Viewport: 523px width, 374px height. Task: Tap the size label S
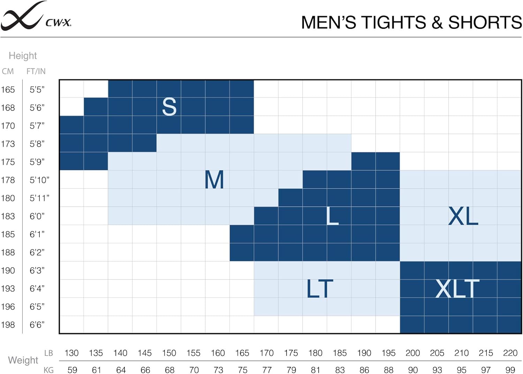(x=169, y=107)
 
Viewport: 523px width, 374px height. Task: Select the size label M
(x=214, y=180)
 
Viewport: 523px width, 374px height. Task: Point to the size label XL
(x=463, y=216)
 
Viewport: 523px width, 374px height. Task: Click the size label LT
(x=320, y=289)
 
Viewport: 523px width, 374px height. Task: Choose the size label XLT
(x=457, y=289)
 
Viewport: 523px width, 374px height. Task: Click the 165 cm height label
(x=8, y=90)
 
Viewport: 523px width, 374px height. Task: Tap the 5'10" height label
(x=39, y=180)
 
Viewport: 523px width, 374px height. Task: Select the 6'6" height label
(x=37, y=325)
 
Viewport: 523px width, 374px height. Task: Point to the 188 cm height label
(x=8, y=252)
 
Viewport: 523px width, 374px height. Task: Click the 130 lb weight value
(x=71, y=353)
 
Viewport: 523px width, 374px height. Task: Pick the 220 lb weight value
(x=510, y=353)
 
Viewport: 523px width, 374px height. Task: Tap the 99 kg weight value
(x=510, y=370)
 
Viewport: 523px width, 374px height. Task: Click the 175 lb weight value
(x=291, y=353)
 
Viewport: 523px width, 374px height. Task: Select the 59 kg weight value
(x=72, y=370)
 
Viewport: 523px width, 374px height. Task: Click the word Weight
(x=23, y=360)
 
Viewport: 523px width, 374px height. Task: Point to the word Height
(x=23, y=56)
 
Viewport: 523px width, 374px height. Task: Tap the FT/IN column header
(x=36, y=71)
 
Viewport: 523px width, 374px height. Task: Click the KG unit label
(x=48, y=370)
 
